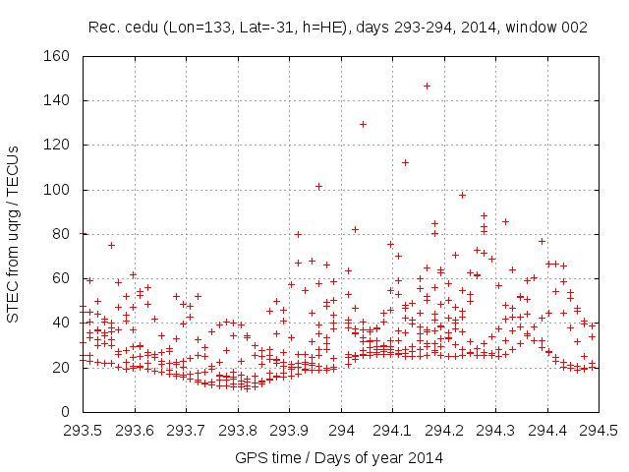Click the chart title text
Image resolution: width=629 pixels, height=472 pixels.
click(338, 28)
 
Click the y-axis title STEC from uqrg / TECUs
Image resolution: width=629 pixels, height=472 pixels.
click(14, 233)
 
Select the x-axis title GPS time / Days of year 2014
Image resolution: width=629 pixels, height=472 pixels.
click(339, 457)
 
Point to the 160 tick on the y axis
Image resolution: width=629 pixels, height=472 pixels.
click(58, 56)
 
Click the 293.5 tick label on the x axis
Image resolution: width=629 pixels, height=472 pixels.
click(83, 430)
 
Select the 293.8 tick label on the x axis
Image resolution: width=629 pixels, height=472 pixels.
click(238, 430)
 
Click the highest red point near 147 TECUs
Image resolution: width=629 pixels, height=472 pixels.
click(427, 86)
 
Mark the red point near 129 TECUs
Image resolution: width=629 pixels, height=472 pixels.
click(363, 124)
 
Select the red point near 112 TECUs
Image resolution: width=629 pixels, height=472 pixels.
click(405, 162)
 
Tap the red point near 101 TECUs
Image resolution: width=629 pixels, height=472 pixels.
click(318, 186)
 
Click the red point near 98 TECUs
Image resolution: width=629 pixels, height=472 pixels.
click(462, 195)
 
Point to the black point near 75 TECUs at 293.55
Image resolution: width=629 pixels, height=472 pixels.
click(111, 245)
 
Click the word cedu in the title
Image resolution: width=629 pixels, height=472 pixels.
click(138, 28)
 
